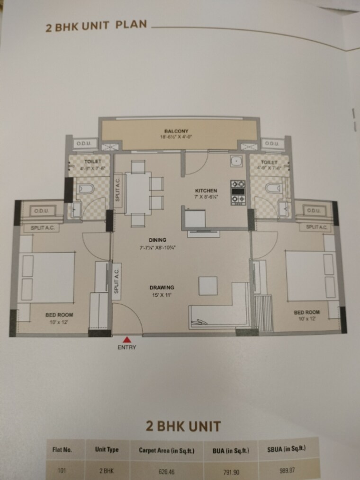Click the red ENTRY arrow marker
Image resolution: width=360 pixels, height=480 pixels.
(x=127, y=339)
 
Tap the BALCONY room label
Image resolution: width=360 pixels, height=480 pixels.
(x=177, y=131)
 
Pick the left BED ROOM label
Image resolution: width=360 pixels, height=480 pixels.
(x=59, y=314)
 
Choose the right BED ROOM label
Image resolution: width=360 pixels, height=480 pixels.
(x=306, y=312)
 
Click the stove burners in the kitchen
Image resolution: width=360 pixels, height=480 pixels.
(x=237, y=192)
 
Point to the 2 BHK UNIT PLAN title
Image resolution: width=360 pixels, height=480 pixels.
(x=96, y=26)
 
